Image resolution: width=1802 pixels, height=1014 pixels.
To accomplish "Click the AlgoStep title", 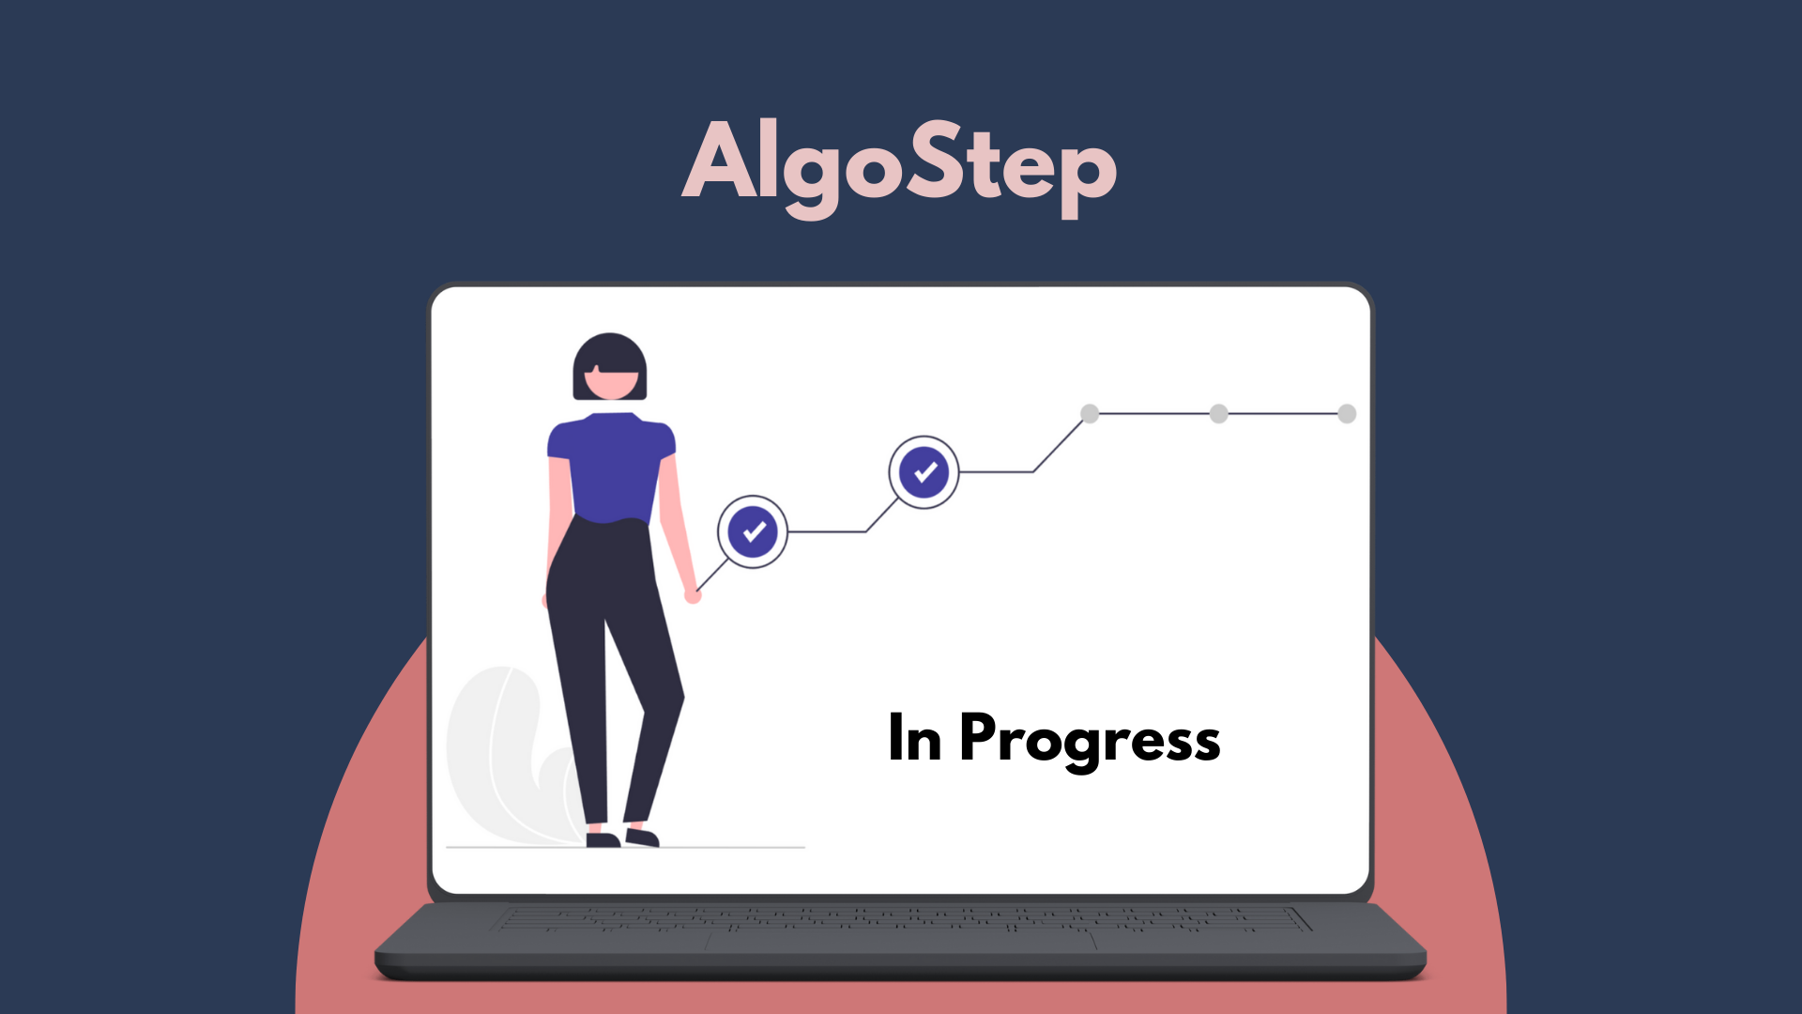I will [x=899, y=164].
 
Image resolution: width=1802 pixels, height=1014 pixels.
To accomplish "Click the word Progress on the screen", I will [x=1090, y=739].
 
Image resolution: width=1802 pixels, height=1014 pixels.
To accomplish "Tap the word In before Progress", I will [x=914, y=739].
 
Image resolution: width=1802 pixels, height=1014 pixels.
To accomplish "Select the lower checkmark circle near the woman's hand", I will [x=753, y=531].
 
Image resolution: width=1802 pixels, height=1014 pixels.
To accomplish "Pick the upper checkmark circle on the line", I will [x=924, y=471].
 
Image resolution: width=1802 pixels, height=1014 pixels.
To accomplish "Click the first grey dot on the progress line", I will [x=1090, y=413].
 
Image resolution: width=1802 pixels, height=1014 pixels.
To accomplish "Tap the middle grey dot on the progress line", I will [x=1218, y=413].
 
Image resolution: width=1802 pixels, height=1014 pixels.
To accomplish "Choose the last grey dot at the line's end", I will [x=1347, y=413].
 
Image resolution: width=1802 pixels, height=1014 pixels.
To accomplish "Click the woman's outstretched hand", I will [x=693, y=594].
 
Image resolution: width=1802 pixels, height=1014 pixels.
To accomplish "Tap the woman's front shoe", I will [x=643, y=837].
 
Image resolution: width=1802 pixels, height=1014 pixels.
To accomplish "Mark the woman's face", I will [x=612, y=383].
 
